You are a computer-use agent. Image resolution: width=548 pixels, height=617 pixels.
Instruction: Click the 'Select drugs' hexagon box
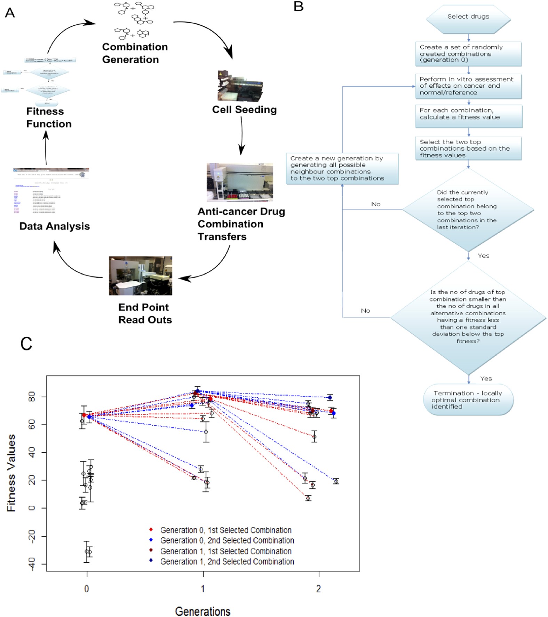pos(468,17)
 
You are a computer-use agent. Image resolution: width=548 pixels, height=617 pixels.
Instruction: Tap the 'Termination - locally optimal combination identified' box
pos(468,400)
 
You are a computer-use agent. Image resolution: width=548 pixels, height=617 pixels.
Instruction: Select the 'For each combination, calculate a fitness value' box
pos(468,114)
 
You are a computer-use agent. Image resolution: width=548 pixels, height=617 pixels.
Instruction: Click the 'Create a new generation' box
pos(342,168)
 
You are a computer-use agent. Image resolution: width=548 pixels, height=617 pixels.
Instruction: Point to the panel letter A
pos(10,13)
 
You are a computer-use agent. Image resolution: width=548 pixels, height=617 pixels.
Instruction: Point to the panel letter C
pos(26,344)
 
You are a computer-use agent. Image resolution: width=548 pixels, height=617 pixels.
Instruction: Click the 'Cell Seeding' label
pos(244,110)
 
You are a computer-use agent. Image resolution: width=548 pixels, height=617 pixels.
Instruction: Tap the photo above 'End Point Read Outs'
pos(141,276)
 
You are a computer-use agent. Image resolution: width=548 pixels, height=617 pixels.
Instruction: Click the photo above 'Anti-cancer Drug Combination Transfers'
pos(240,182)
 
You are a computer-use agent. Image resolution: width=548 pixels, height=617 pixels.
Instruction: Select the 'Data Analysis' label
pos(55,226)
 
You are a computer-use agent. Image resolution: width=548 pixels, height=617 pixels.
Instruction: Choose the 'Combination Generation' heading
pos(135,53)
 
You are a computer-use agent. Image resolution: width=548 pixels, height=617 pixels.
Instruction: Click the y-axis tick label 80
pos(32,397)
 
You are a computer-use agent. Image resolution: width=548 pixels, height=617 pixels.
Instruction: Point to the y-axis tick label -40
pos(32,564)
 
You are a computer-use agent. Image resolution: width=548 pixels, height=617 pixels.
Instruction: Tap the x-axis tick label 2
pos(318,589)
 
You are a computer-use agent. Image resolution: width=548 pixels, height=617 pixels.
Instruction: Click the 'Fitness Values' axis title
pos(11,473)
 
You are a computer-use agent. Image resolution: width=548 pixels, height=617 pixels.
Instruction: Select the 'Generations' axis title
pos(202,611)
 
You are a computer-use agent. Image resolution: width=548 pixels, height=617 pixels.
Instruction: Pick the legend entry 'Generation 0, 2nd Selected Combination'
pos(227,540)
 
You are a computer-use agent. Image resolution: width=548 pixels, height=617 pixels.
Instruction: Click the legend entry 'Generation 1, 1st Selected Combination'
pos(225,551)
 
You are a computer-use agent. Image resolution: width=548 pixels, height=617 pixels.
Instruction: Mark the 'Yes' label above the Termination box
pos(486,379)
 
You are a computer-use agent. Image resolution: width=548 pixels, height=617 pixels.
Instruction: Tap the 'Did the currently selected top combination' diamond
pos(468,210)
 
